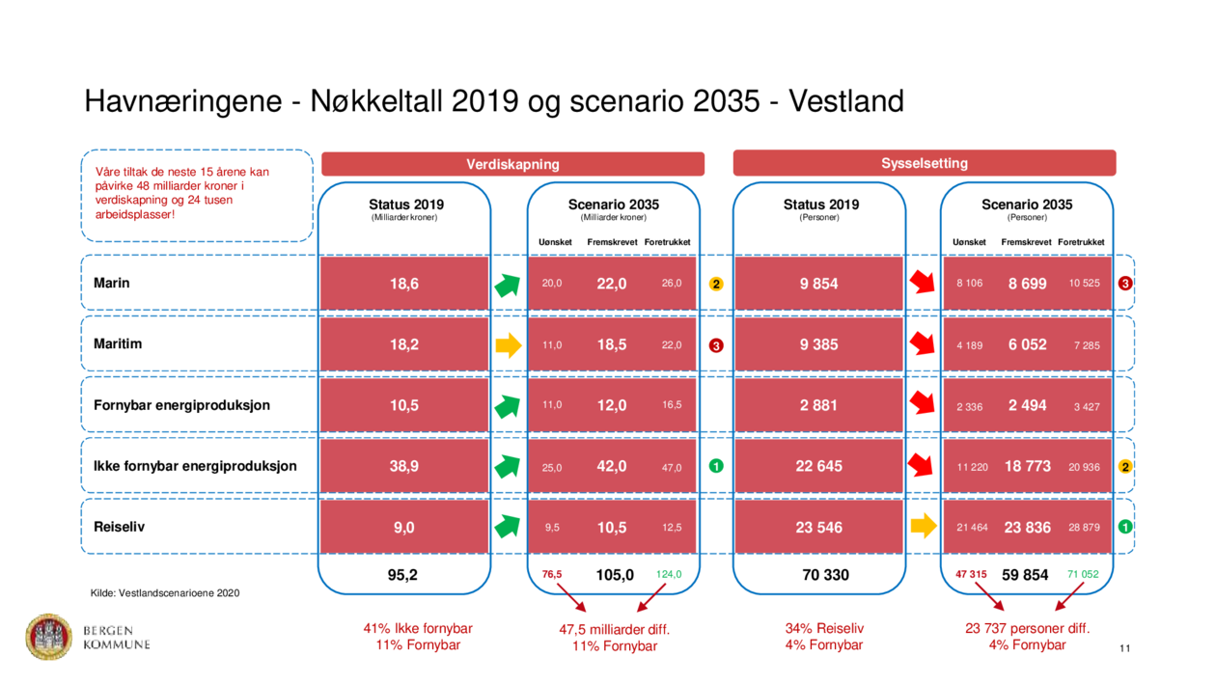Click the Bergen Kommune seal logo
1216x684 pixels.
coord(48,637)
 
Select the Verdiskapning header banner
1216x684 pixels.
coord(512,164)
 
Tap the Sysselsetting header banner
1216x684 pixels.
coord(924,163)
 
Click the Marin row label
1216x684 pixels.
coord(112,283)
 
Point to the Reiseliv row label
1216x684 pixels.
coord(119,527)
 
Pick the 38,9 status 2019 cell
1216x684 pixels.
coord(403,466)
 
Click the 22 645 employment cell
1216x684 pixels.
coord(818,466)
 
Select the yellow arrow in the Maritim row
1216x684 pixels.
coord(509,344)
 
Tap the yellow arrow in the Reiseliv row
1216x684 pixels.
coord(924,526)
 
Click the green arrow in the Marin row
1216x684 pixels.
coord(509,284)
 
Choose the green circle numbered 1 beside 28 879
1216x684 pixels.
coord(1125,527)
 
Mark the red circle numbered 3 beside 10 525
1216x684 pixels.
coord(1125,284)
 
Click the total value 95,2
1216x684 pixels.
coord(403,575)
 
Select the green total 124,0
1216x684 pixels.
coord(669,574)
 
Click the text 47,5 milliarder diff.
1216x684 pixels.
coord(614,629)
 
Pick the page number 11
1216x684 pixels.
coord(1124,648)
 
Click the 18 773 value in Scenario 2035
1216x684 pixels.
coord(1027,466)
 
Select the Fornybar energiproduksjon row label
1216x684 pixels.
coord(181,405)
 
